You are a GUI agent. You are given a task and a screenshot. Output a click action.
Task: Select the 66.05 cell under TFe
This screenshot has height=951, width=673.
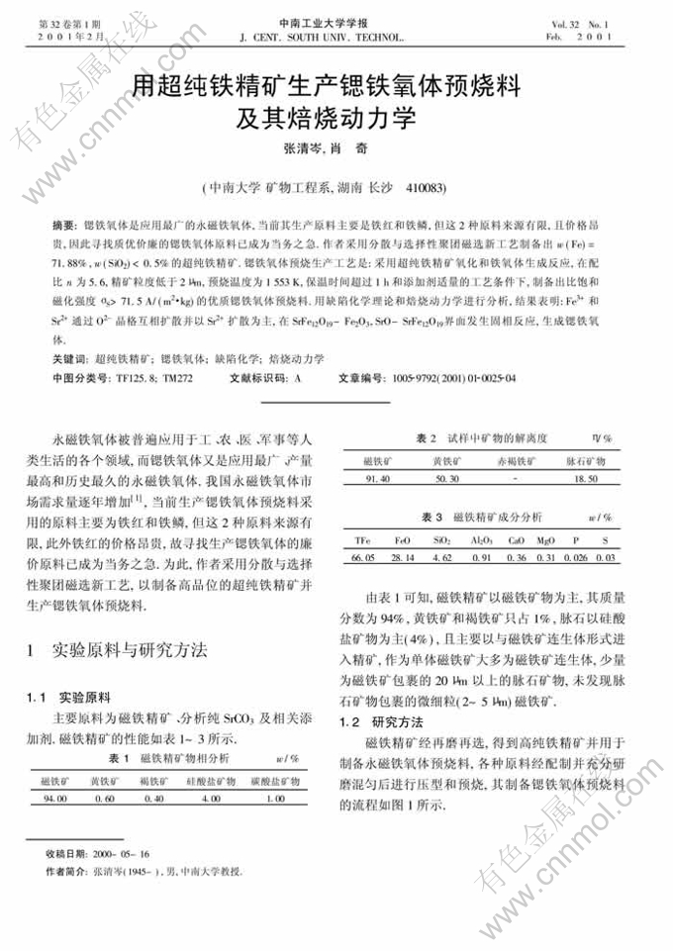tap(362, 558)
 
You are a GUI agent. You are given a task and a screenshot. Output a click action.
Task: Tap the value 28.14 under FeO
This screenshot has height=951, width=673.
tap(401, 558)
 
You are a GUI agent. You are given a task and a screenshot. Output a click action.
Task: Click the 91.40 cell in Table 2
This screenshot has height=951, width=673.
tap(377, 479)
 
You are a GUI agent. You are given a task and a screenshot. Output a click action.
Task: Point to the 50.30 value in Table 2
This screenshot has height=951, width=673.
tap(446, 479)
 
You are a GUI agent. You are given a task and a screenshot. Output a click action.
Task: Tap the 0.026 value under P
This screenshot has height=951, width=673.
tap(576, 558)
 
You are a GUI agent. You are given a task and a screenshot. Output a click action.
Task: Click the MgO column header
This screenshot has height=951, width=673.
tap(544, 540)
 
